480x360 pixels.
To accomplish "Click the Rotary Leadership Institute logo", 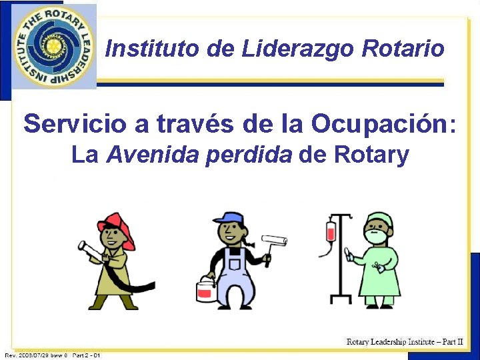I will click(51, 47).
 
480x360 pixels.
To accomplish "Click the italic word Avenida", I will click(153, 155).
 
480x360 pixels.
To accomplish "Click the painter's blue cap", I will click(229, 218).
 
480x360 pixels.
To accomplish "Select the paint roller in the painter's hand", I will click(273, 242).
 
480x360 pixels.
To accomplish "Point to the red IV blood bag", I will click(331, 232).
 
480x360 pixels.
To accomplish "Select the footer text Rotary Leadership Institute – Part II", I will click(405, 341).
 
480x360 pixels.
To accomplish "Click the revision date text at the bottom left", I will click(52, 355).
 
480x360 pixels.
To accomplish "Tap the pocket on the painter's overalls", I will click(234, 264).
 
